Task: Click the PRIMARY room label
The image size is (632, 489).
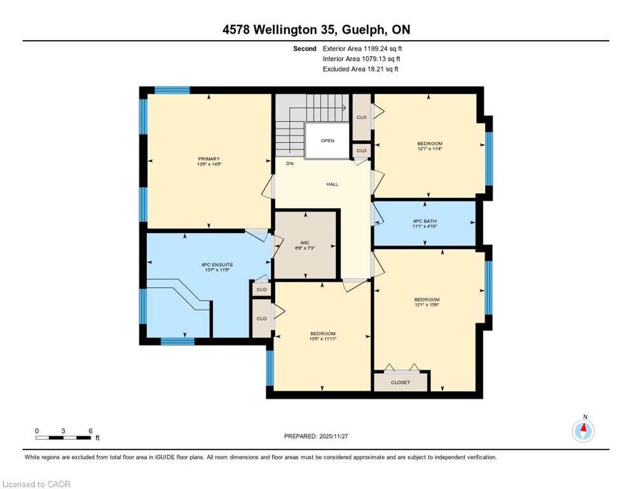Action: [209, 159]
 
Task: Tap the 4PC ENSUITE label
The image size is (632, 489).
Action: [217, 265]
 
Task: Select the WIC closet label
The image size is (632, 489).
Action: [305, 243]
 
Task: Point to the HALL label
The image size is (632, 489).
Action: [333, 184]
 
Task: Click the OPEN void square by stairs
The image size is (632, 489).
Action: [327, 141]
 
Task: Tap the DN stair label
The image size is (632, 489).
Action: [290, 164]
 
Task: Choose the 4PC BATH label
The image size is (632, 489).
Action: [425, 222]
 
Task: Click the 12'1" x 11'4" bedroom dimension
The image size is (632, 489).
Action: [430, 148]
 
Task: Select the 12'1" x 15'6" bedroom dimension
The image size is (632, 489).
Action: [427, 305]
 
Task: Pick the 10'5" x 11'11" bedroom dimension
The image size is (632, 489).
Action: [323, 339]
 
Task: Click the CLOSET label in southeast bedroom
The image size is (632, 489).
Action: [400, 383]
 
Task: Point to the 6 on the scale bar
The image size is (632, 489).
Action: [91, 431]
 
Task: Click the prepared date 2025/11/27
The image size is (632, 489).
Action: [334, 436]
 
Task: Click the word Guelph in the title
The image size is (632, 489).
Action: [365, 29]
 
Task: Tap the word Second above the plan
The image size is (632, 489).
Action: [305, 49]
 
